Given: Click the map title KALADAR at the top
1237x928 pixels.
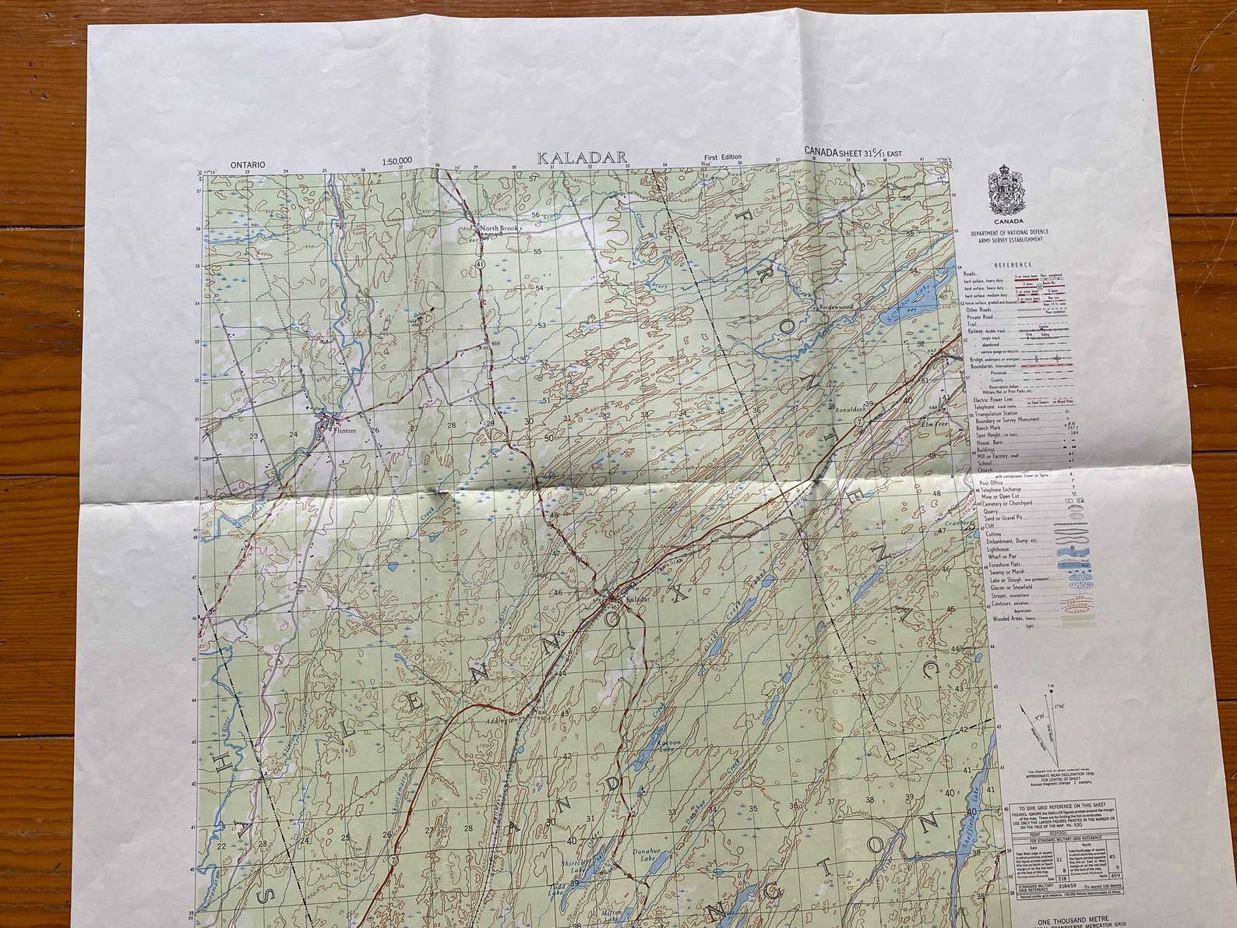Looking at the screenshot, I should tap(582, 157).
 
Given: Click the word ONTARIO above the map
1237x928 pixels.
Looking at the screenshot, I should tap(248, 164).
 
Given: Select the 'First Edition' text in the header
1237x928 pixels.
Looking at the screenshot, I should tap(722, 157).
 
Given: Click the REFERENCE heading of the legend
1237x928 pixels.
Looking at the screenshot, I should tap(1013, 265).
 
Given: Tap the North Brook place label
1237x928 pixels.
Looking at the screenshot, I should tap(499, 228).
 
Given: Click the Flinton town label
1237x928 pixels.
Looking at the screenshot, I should tap(343, 429).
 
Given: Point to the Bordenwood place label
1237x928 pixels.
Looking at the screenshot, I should tap(837, 308).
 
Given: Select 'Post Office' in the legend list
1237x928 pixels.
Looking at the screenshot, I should tap(992, 482).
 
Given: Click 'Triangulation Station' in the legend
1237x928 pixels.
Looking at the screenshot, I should tap(999, 414).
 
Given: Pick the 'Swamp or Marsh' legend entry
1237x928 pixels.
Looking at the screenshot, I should tap(1002, 572).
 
